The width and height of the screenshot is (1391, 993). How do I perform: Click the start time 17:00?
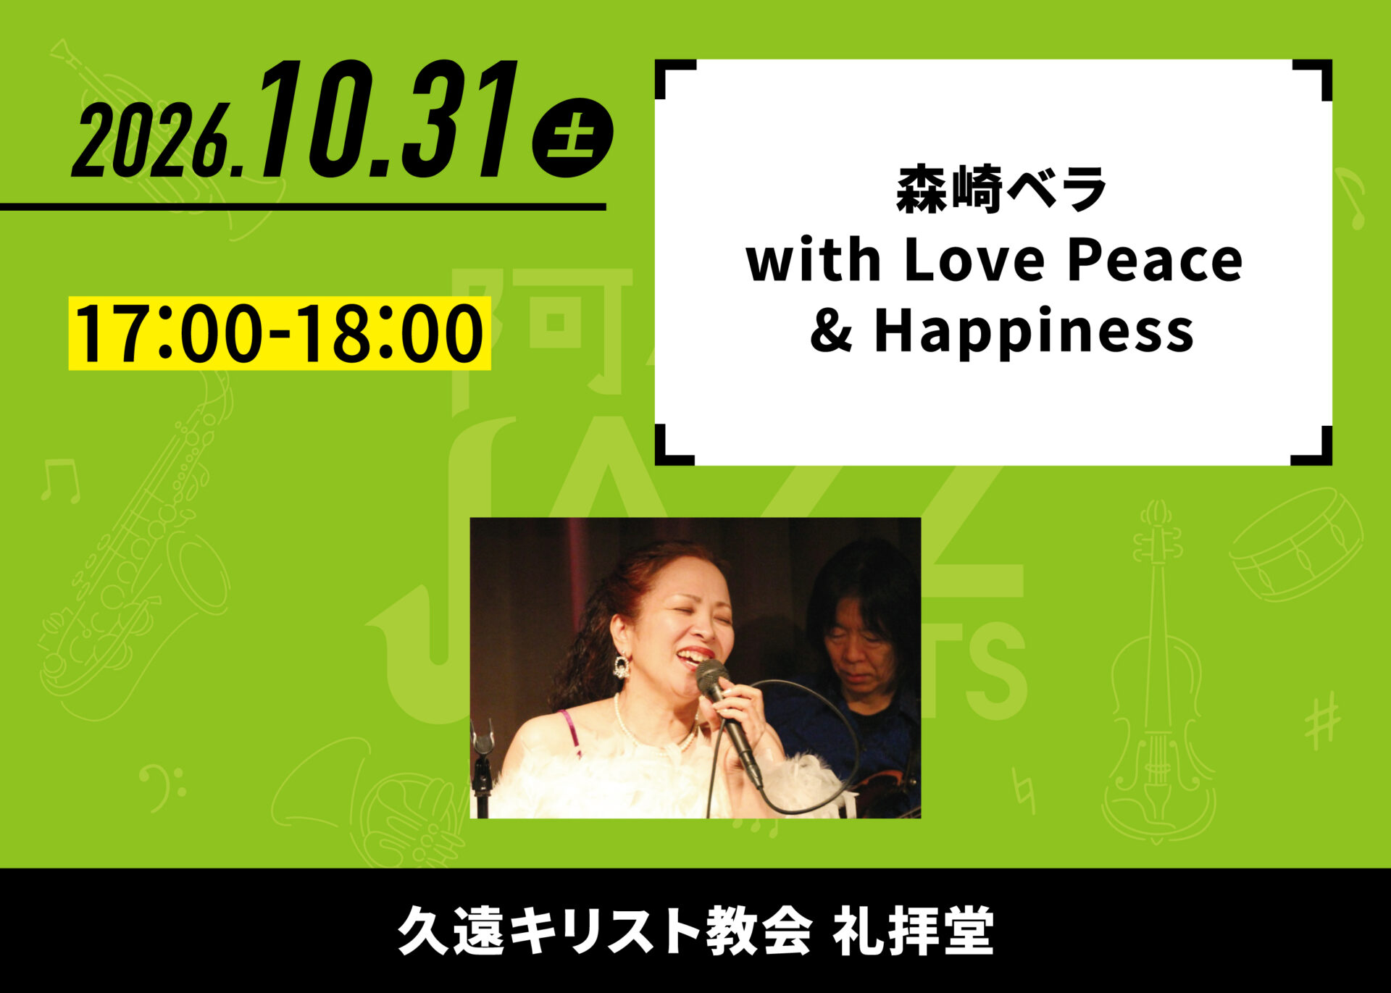tap(168, 333)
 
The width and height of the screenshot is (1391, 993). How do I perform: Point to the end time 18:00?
tap(391, 333)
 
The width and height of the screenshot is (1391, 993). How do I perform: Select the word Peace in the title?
tap(1155, 260)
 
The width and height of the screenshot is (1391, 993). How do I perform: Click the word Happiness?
tap(1034, 332)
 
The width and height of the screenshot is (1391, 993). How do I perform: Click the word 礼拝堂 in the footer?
tap(913, 931)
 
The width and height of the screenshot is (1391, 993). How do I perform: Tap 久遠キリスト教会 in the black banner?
tap(604, 931)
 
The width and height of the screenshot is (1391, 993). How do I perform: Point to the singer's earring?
tap(621, 666)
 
